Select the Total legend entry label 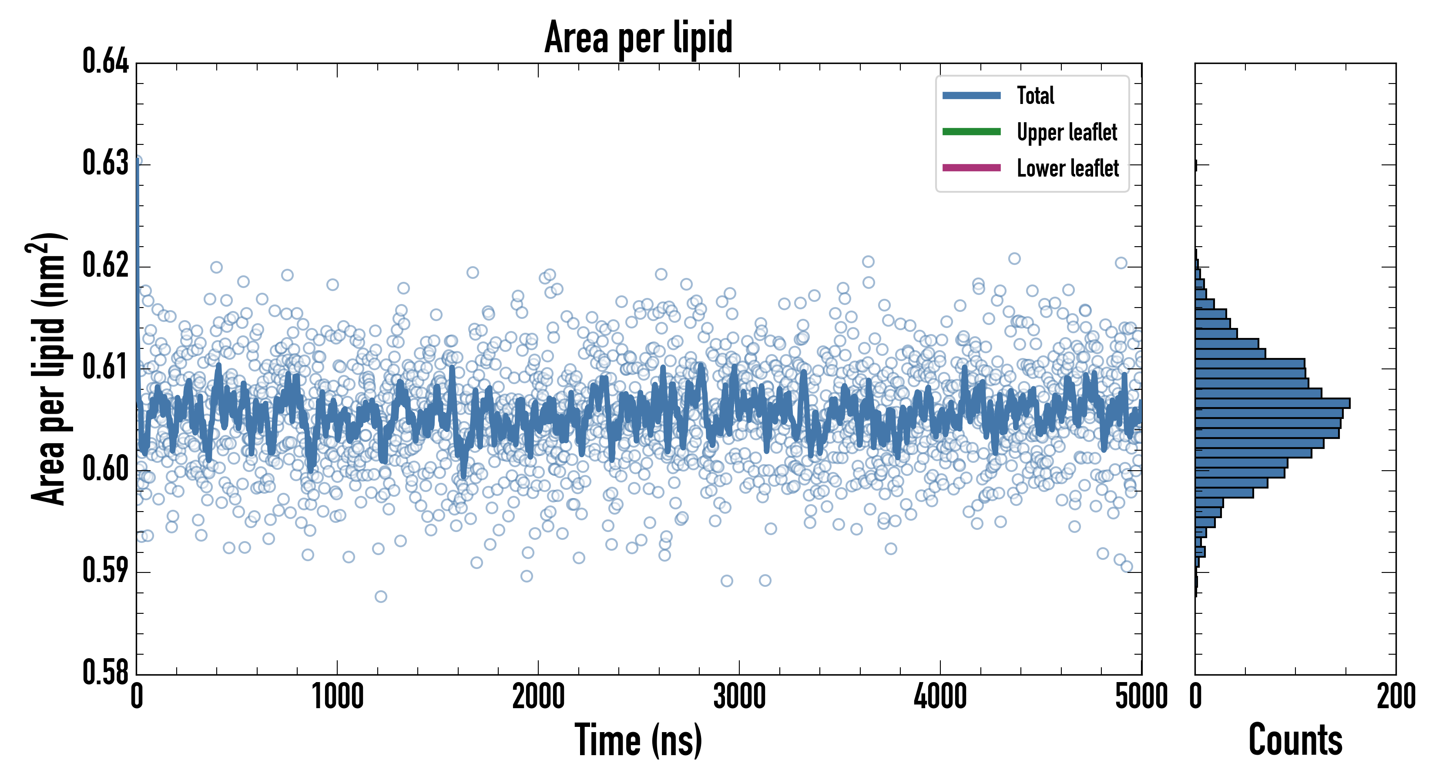click(1035, 95)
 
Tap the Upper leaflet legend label click(1067, 132)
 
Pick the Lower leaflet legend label click(1067, 168)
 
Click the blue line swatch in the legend click(971, 95)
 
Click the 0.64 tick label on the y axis click(105, 61)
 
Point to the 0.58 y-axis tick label click(105, 672)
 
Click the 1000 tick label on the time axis click(337, 696)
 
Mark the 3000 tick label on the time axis click(739, 696)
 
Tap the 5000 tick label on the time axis click(1141, 696)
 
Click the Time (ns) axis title click(638, 740)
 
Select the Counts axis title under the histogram click(1295, 740)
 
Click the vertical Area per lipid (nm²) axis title click(47, 369)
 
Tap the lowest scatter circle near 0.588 click(381, 597)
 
